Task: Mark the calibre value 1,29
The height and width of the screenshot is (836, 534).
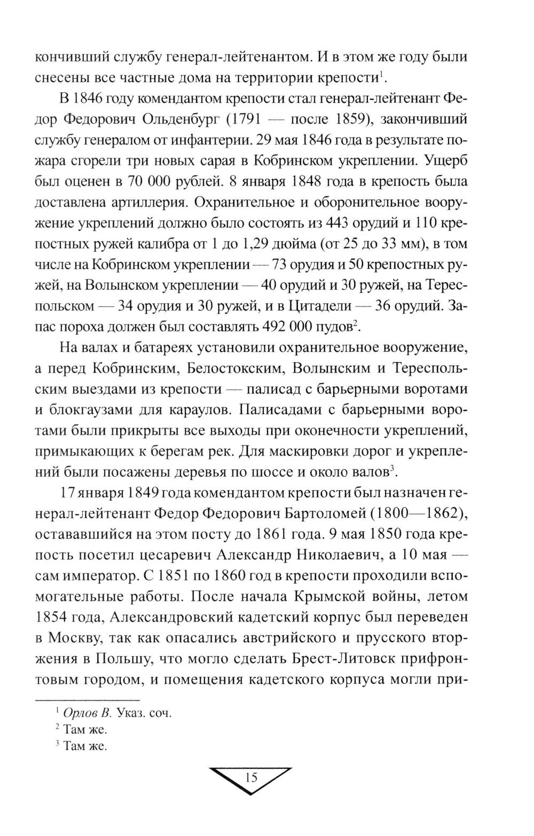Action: point(254,243)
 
